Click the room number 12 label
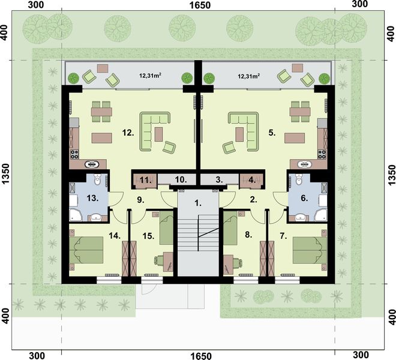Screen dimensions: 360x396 pos(127,131)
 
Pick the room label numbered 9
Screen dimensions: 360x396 pos(140,200)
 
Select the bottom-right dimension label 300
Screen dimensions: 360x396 pos(359,355)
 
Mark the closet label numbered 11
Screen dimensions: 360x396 pos(145,179)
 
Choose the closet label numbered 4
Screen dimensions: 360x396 pos(251,179)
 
